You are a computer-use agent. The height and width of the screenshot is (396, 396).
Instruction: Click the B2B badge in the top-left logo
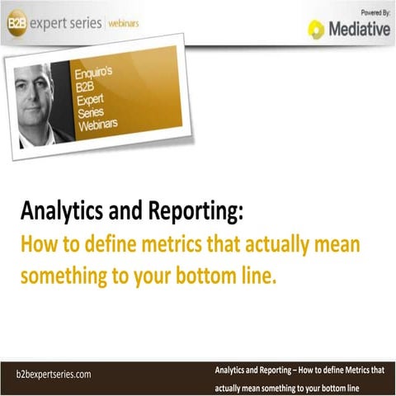pyautogui.click(x=16, y=23)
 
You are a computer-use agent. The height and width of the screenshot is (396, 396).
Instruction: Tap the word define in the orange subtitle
pyautogui.click(x=96, y=246)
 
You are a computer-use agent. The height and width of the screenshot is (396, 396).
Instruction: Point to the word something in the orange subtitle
pyautogui.click(x=64, y=276)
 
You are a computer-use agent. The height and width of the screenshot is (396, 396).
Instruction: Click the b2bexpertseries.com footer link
pyautogui.click(x=54, y=374)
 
